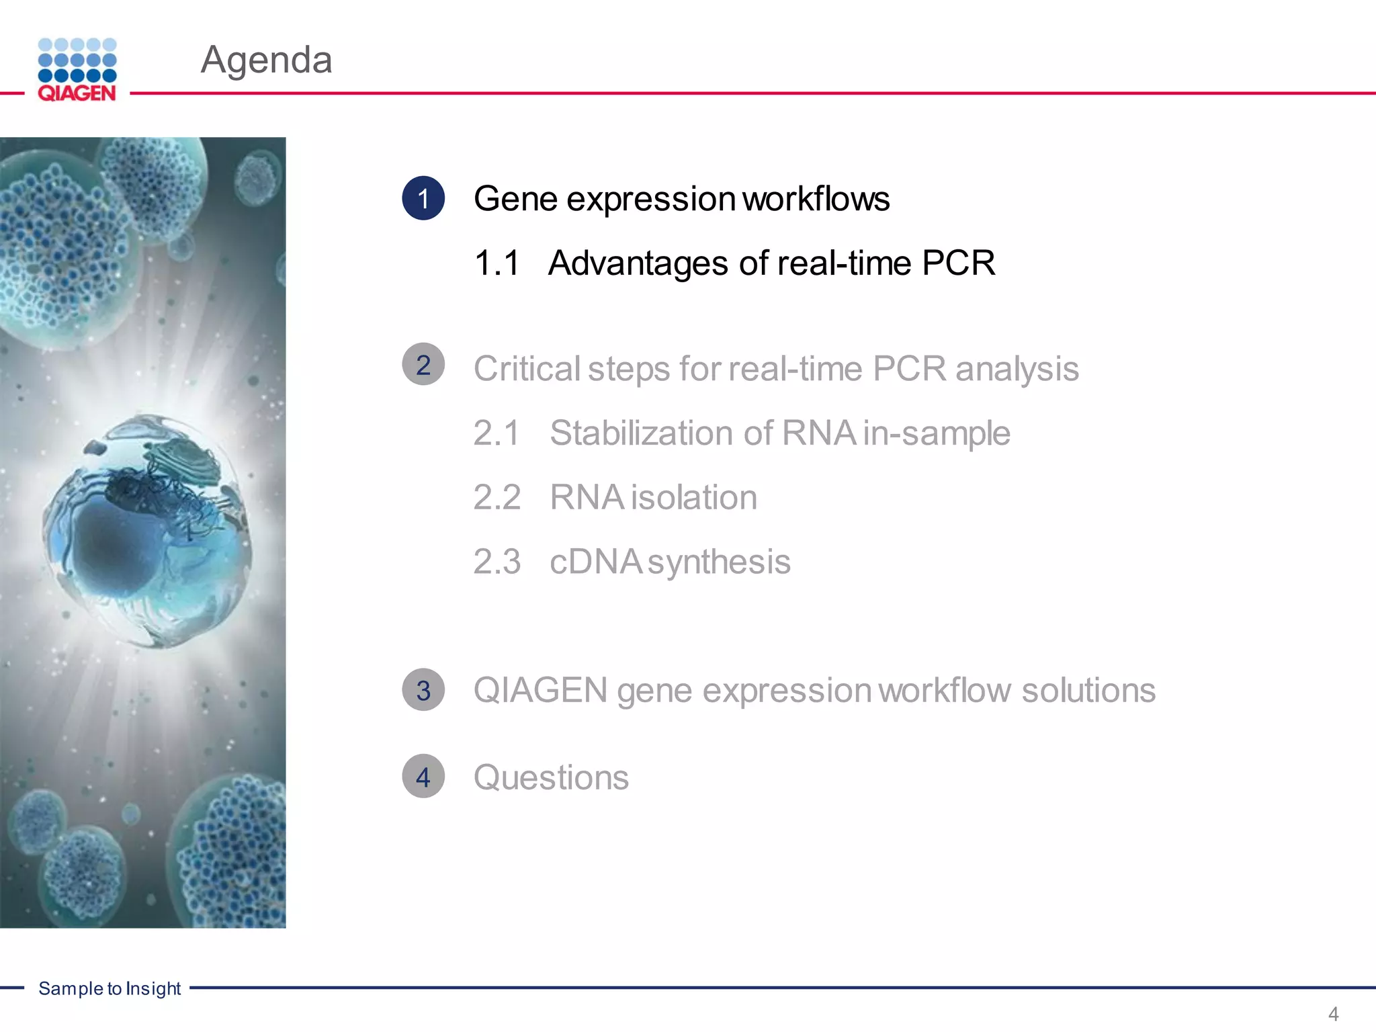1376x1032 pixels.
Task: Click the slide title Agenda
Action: (266, 60)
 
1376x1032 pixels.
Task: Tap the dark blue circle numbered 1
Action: (423, 198)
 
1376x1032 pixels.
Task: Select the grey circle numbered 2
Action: (423, 365)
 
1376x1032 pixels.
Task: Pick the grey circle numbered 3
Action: (423, 690)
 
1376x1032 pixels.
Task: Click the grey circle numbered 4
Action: (423, 777)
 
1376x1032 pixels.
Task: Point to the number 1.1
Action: (497, 263)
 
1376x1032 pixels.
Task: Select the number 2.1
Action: (497, 433)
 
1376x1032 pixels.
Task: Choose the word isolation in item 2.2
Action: (694, 497)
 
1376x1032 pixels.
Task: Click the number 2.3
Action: (497, 562)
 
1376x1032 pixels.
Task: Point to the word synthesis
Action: (719, 563)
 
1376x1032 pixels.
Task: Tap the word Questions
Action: (551, 778)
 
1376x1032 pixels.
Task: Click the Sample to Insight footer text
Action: (110, 988)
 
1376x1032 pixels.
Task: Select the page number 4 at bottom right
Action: (1334, 1014)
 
